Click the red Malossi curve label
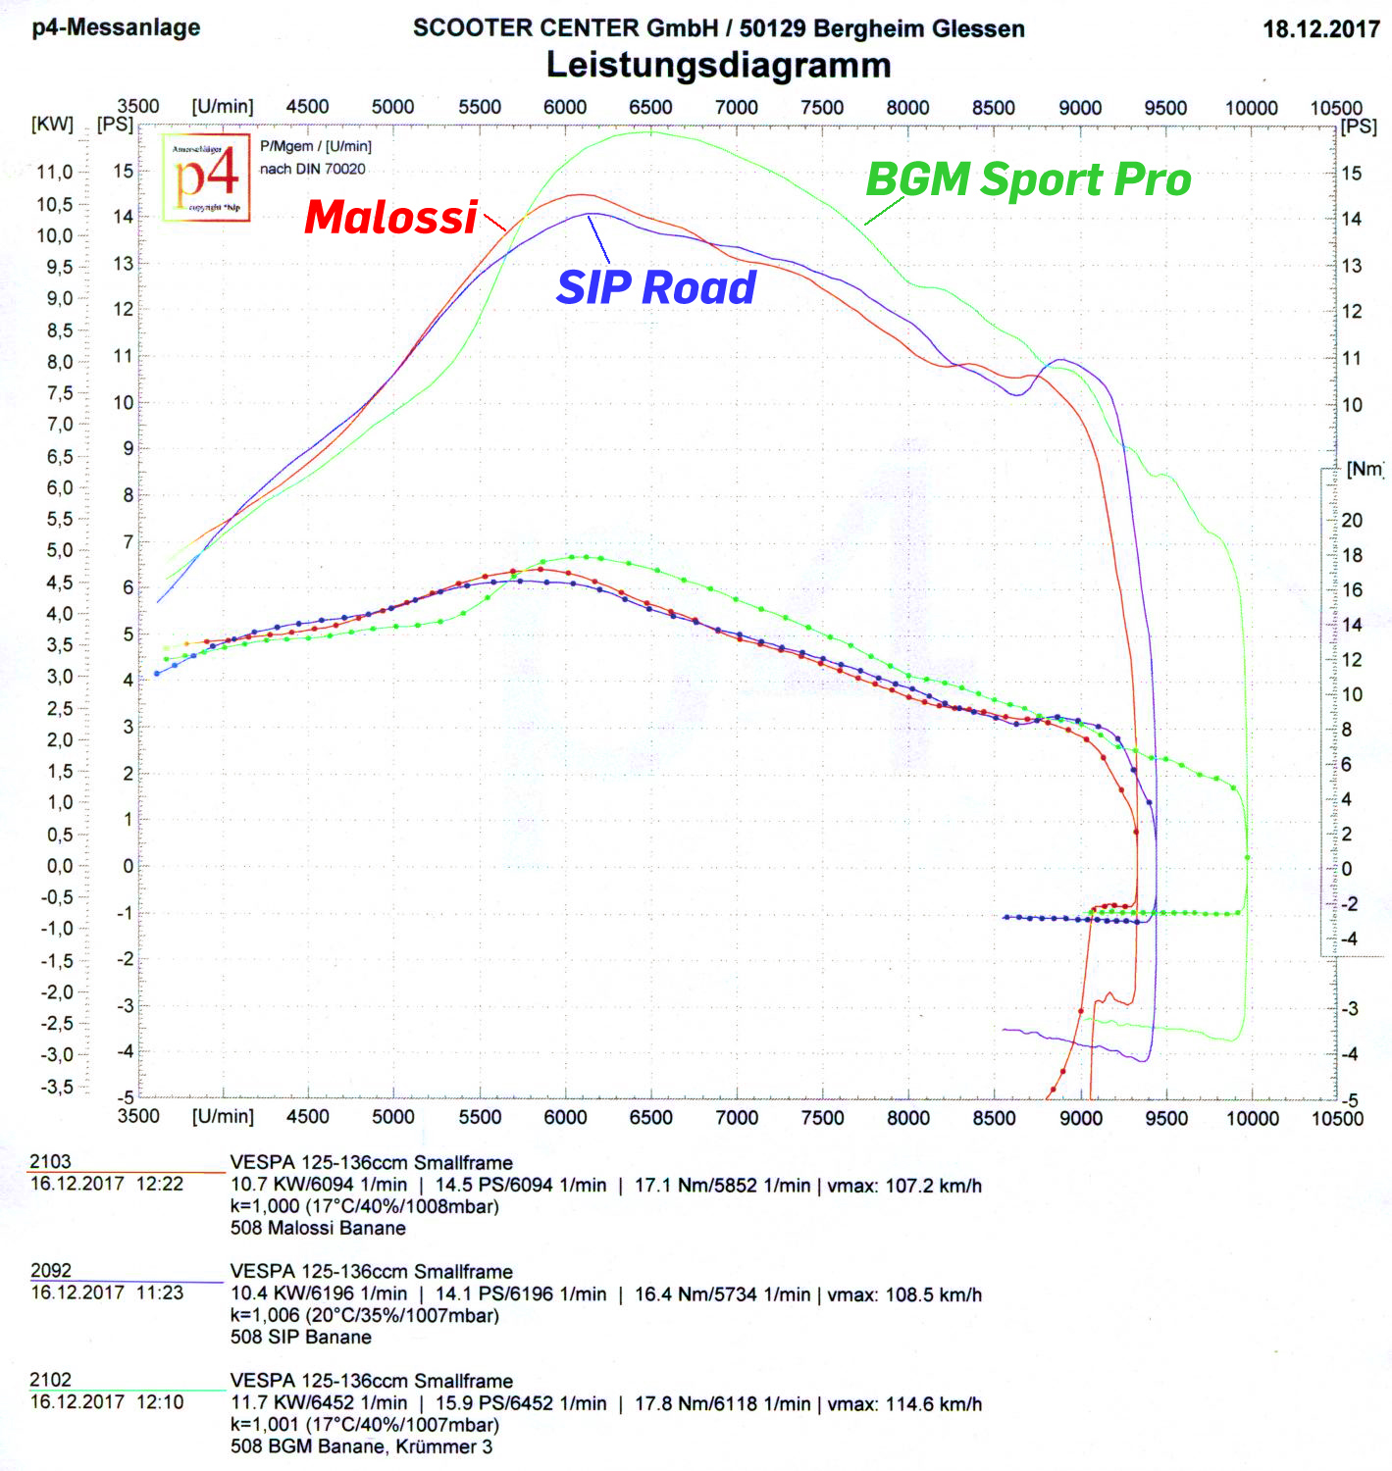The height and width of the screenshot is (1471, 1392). [390, 218]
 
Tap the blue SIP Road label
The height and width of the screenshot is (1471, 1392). [656, 288]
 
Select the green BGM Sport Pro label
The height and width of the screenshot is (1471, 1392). [1028, 180]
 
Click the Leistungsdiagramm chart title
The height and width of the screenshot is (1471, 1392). [718, 66]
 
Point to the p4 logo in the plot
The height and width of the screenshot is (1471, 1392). [207, 178]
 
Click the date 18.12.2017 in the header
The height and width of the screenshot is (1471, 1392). [1320, 29]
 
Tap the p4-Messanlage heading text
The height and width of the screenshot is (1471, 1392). [116, 27]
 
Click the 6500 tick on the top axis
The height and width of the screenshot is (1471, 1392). [650, 108]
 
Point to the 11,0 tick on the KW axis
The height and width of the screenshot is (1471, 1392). [55, 173]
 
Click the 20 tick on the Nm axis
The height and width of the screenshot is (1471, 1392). [1352, 521]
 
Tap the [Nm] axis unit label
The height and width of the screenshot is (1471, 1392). [1365, 470]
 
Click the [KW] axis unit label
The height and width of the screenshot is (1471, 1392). [52, 125]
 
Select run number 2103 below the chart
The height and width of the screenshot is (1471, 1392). [50, 1162]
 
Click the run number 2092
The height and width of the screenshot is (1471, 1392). [51, 1271]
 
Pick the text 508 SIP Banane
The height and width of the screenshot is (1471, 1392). [301, 1338]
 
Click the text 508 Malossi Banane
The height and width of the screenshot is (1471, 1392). [318, 1228]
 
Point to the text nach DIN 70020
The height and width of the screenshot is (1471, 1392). [312, 170]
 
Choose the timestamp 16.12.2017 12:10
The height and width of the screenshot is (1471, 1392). [107, 1402]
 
